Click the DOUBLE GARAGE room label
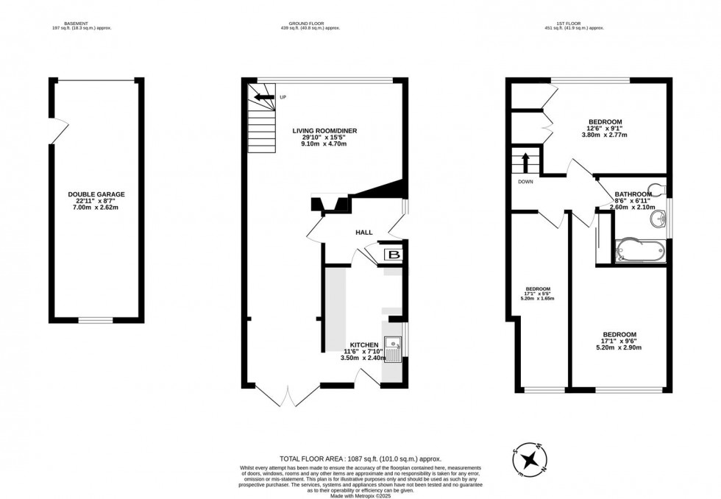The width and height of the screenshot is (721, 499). click(x=96, y=194)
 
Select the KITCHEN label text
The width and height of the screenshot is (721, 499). click(x=363, y=344)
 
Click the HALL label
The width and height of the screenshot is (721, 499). click(x=363, y=233)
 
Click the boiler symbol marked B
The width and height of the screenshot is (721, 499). click(x=394, y=255)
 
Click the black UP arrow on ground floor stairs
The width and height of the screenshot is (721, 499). click(x=260, y=96)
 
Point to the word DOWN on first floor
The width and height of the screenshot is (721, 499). click(x=525, y=181)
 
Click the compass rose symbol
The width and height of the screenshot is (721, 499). click(x=530, y=460)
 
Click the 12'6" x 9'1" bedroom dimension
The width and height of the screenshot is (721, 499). click(x=605, y=130)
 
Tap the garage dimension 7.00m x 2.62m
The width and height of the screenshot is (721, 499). click(x=96, y=208)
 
